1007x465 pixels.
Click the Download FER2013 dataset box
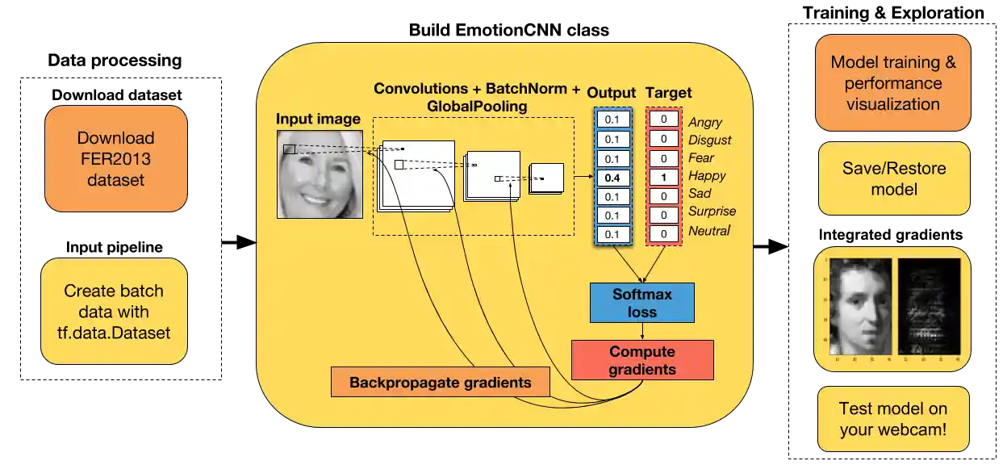click(116, 159)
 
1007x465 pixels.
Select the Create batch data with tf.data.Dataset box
click(114, 312)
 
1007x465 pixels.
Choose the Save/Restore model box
click(893, 179)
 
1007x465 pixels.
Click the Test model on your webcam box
click(892, 420)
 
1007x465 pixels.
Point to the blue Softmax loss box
click(641, 303)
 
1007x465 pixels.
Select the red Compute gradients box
click(642, 360)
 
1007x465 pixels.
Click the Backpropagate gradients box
click(440, 382)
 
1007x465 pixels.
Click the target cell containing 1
click(663, 177)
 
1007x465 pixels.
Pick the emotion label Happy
click(707, 176)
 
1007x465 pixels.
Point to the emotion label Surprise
click(712, 212)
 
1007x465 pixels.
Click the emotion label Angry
click(705, 123)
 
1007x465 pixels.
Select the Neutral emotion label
click(709, 231)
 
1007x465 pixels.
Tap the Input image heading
click(318, 119)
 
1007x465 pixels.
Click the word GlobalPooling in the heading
click(477, 106)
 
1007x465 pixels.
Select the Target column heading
click(669, 93)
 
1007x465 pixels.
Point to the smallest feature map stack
click(545, 178)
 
